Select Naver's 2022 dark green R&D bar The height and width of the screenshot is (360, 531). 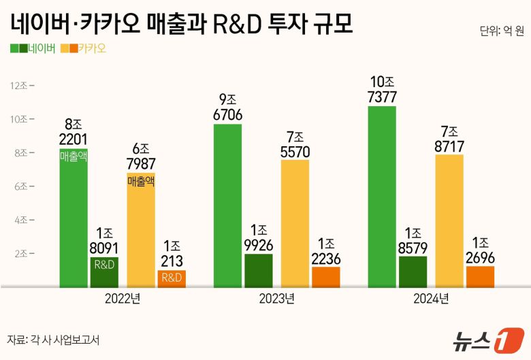tap(104, 272)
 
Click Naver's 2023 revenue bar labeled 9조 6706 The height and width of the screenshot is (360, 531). tap(227, 204)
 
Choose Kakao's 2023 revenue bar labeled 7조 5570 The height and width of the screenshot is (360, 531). tap(295, 225)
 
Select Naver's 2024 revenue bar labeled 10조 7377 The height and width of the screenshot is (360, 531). tap(382, 197)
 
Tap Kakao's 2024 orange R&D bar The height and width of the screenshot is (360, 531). tap(480, 277)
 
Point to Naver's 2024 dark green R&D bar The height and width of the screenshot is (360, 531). tap(413, 272)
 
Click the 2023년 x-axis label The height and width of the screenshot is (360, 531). tap(276, 299)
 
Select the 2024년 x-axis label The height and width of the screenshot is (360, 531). tap(430, 299)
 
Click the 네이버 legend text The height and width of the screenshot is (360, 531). tap(43, 48)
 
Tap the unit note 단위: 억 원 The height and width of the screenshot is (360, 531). tap(501, 31)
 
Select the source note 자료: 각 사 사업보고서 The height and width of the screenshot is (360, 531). tap(53, 340)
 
